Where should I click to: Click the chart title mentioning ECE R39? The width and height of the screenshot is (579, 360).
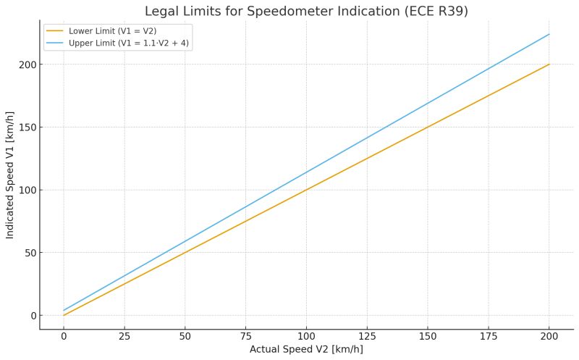pos(305,11)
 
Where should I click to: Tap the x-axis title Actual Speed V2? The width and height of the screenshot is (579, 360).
pos(306,349)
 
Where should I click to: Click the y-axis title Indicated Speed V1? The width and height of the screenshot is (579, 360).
pos(10,175)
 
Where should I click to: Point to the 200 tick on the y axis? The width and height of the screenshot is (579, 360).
pos(27,64)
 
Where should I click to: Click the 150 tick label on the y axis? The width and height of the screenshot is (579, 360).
pos(27,127)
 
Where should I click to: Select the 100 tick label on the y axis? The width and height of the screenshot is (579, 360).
pos(27,190)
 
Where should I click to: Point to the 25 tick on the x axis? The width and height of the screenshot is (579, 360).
pos(124,335)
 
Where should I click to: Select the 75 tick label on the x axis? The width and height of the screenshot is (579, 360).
pos(246,335)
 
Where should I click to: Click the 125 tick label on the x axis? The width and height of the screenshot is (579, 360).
pos(368,335)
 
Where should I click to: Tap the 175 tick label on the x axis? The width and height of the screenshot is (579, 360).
pos(489,335)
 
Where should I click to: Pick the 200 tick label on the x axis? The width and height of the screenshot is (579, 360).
pos(550,335)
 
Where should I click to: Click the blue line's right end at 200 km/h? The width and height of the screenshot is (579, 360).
pos(550,34)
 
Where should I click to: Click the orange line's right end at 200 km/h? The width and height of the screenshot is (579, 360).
pos(550,64)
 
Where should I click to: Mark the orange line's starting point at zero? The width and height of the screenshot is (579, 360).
pos(64,315)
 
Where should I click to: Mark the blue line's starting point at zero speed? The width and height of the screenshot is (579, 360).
pos(64,310)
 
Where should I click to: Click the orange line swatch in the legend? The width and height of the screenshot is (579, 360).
pos(55,30)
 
